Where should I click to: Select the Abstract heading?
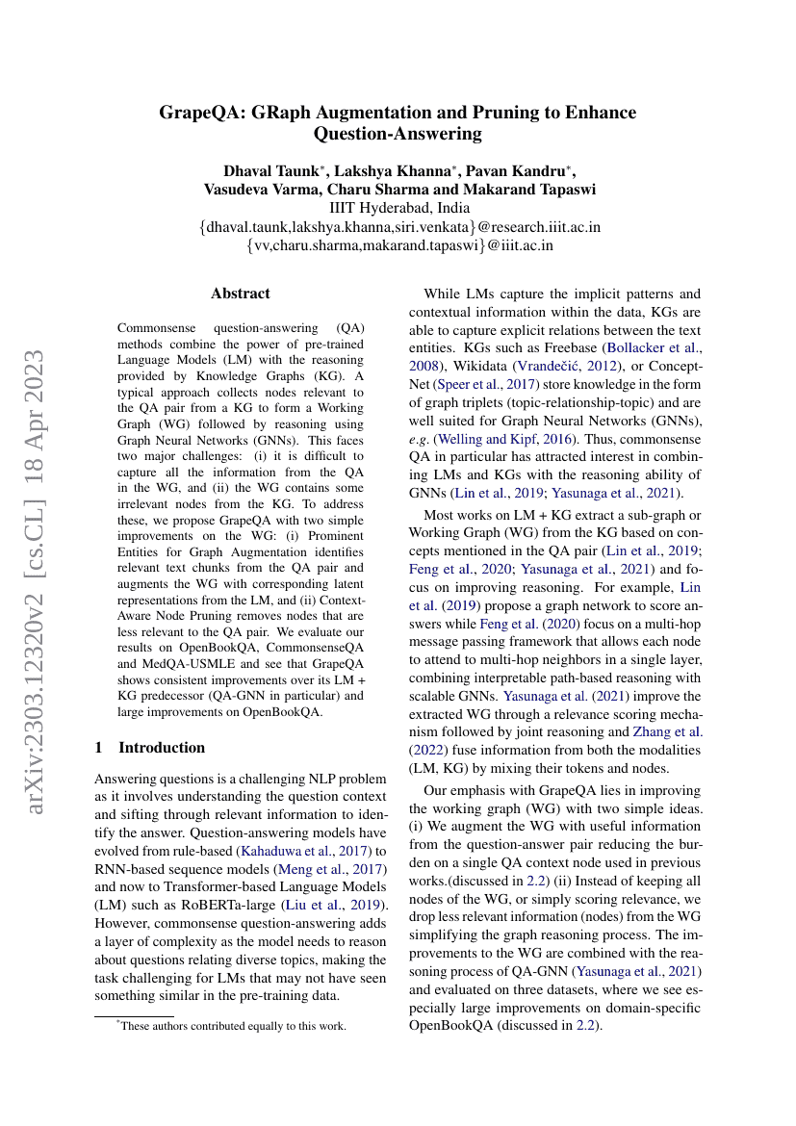241,294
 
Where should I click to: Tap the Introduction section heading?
161,747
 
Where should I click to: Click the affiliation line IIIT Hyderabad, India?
399,208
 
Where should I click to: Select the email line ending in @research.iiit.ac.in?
399,227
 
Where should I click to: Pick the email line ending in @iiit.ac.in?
399,245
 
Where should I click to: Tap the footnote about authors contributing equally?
231,1026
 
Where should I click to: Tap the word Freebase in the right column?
568,348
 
